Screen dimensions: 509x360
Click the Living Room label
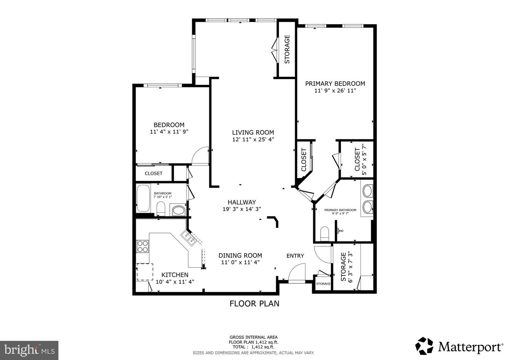pos(253,132)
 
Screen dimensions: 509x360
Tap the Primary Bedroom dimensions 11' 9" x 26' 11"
pos(335,91)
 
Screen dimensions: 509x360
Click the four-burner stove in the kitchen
pos(142,246)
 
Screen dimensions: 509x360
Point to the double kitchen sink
pos(189,238)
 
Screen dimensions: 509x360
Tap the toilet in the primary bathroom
pos(324,234)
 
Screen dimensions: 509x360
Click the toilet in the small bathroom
pos(161,208)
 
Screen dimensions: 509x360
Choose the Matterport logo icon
pos(424,346)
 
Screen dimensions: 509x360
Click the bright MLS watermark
pos(29,350)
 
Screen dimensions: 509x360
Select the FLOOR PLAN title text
pos(254,304)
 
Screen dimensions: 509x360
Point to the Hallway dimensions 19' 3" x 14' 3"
pos(242,209)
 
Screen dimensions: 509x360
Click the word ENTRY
pos(295,256)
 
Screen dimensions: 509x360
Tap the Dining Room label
pos(240,255)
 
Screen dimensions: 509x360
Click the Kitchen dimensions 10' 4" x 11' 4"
pos(175,282)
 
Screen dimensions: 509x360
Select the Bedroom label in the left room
pos(169,125)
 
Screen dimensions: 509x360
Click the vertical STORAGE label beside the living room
pos(287,49)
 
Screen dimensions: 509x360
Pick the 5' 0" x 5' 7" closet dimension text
pos(364,159)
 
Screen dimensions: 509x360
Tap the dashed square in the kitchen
pos(145,272)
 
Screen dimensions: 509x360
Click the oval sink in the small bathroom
pos(179,211)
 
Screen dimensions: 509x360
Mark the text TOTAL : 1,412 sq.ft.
pos(253,347)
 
